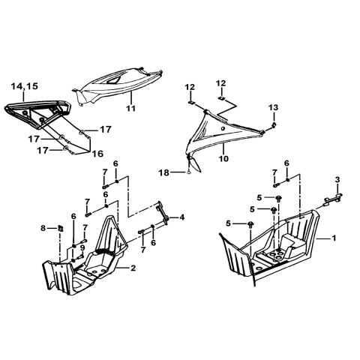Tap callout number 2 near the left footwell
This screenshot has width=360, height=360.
click(x=133, y=268)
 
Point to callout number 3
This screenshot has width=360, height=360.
click(x=337, y=179)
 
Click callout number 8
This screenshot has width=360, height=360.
click(x=43, y=227)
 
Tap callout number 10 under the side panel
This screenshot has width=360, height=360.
click(x=223, y=159)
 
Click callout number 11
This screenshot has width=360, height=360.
click(x=130, y=109)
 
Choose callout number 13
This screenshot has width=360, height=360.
click(x=274, y=106)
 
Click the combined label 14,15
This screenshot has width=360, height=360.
click(x=24, y=88)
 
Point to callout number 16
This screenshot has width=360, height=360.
click(x=97, y=153)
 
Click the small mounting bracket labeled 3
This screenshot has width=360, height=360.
click(x=330, y=197)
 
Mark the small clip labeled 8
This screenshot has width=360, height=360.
click(x=55, y=228)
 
